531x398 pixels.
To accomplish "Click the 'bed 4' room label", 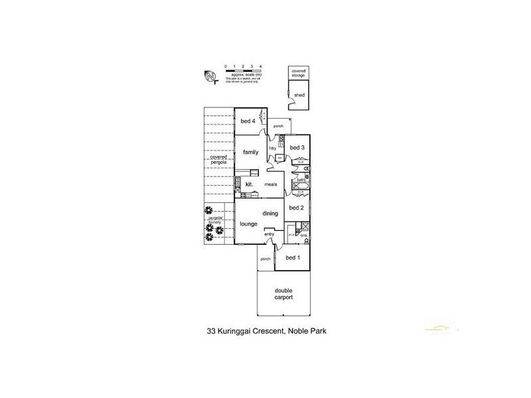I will (248, 121).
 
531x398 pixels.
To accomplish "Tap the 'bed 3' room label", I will (297, 147).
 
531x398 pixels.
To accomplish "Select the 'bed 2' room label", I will (297, 208).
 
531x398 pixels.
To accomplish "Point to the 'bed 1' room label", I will (293, 257).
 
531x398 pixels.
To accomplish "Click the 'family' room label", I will (250, 153).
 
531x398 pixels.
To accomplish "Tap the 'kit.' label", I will (250, 184).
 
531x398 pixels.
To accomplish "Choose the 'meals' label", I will (271, 184).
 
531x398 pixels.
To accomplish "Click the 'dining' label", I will (269, 213).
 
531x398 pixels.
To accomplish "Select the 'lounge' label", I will (248, 224).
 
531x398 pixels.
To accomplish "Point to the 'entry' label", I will (269, 234).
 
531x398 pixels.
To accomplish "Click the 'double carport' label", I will (283, 294).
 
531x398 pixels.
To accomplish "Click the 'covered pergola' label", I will (218, 159).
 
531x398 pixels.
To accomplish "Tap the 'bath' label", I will (300, 180).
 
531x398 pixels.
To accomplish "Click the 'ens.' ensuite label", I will (303, 235).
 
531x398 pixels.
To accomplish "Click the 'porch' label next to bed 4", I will (278, 125).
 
